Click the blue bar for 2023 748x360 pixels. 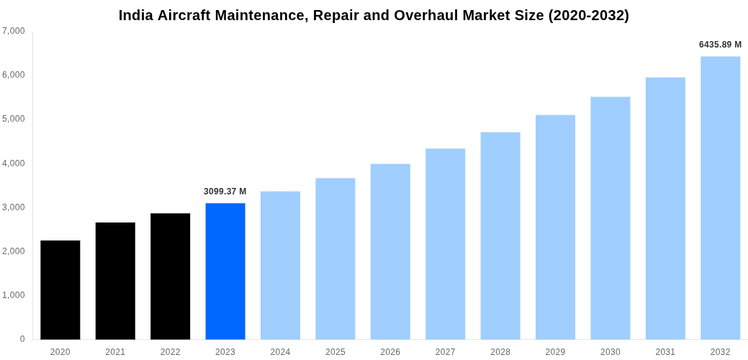tap(225, 271)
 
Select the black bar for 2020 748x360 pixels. tap(60, 289)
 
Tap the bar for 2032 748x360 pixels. tap(720, 197)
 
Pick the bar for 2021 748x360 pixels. tap(115, 281)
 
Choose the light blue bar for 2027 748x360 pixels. tap(445, 243)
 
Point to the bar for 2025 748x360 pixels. tap(335, 258)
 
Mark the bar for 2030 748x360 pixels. tap(610, 217)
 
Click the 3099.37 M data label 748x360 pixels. tap(225, 192)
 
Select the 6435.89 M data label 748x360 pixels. tap(720, 45)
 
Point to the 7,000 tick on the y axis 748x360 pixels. tap(14, 31)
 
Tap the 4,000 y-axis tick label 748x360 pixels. tap(14, 163)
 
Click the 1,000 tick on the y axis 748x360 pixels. tap(14, 295)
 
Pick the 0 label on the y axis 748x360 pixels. tap(22, 339)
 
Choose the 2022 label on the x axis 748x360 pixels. tap(171, 352)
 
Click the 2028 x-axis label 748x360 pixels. tap(500, 352)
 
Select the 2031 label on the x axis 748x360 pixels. tap(665, 352)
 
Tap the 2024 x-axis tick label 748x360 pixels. tap(280, 352)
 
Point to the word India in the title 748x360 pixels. tap(136, 15)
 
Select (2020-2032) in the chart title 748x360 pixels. tap(589, 15)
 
